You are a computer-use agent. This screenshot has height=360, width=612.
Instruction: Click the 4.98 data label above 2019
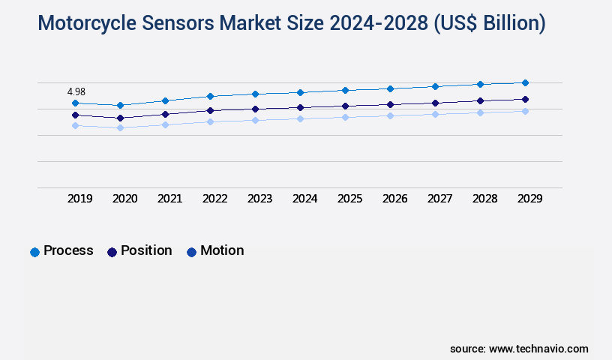76,91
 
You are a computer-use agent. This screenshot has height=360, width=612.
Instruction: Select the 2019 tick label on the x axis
80,199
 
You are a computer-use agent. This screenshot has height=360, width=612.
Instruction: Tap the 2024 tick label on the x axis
305,199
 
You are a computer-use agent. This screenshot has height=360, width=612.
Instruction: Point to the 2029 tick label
529,199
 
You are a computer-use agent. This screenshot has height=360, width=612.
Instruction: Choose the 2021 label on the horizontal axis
169,199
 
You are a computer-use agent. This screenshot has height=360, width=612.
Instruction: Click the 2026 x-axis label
395,199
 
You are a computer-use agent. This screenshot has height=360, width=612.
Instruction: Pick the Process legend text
68,250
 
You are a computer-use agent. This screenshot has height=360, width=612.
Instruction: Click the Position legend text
146,250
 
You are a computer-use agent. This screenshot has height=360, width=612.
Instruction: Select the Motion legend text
222,250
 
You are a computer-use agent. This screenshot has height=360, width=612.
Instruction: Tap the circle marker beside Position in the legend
112,252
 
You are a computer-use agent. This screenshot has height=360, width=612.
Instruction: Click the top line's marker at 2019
75,103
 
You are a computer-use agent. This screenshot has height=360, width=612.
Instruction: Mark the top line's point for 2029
525,82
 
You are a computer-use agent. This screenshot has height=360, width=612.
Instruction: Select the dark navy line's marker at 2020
120,118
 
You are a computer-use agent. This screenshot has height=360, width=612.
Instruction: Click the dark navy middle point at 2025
345,106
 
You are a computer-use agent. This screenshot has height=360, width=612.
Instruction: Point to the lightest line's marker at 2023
255,120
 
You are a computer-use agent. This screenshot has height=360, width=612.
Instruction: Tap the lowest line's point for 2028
480,112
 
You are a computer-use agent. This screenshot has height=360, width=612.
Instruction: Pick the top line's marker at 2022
210,96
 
